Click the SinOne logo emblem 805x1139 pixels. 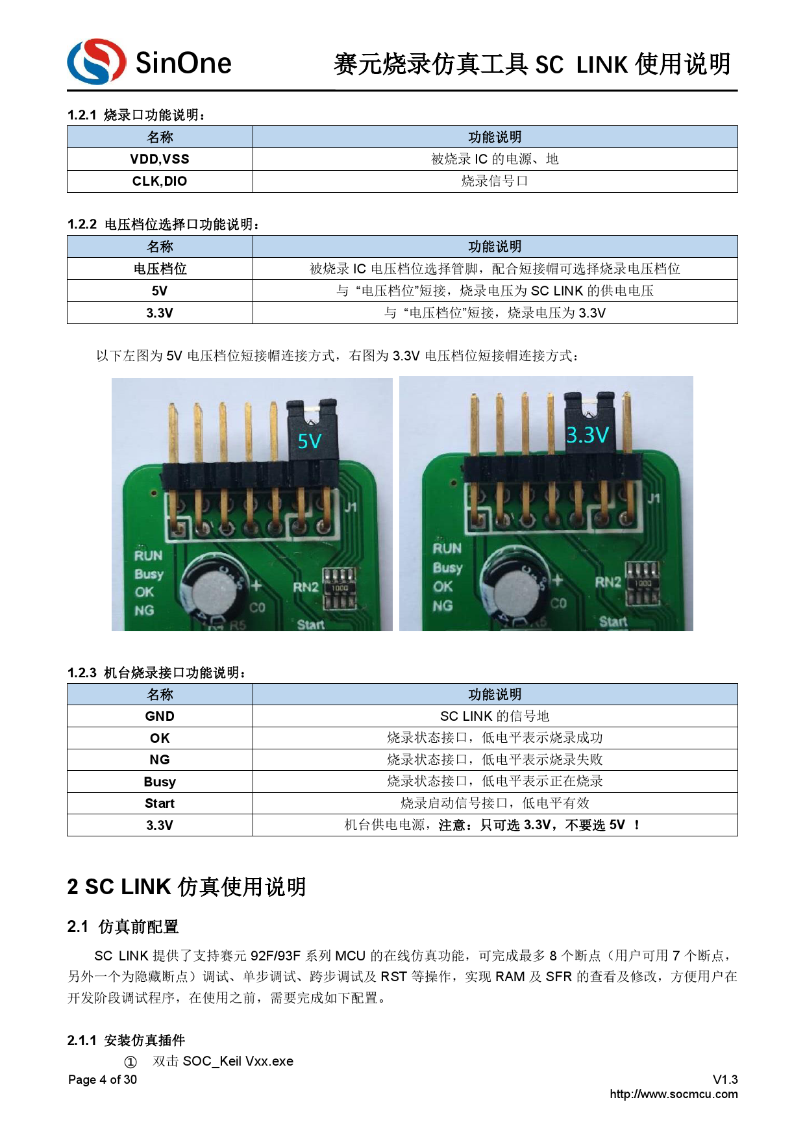click(x=96, y=62)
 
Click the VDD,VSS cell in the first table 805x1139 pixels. click(x=160, y=159)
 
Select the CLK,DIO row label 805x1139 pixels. click(x=160, y=181)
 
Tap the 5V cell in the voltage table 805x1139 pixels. click(x=160, y=291)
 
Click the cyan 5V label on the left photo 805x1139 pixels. click(x=310, y=442)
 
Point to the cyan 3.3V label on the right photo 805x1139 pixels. click(x=587, y=434)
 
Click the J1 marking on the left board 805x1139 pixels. click(x=350, y=507)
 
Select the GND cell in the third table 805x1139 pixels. click(x=160, y=716)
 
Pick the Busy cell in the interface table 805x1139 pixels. click(x=160, y=782)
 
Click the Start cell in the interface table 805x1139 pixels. click(x=160, y=803)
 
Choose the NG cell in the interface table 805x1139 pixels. click(x=160, y=760)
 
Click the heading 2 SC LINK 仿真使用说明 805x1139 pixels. click(x=186, y=887)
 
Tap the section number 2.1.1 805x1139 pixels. click(x=82, y=1040)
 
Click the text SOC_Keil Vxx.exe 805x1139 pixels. click(x=238, y=1061)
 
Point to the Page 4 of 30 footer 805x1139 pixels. click(x=103, y=1079)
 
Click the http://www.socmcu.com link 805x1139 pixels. click(x=673, y=1094)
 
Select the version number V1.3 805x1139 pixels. click(x=725, y=1079)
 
